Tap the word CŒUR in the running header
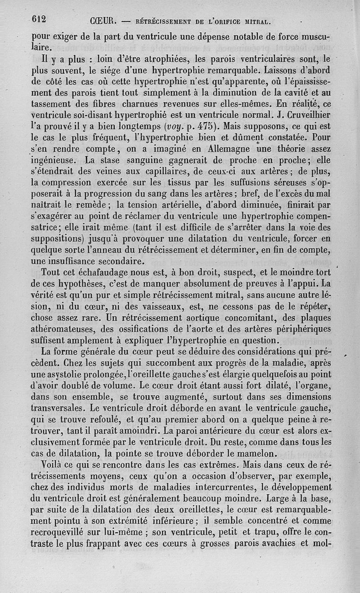point(104,21)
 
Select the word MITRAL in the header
point(256,21)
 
